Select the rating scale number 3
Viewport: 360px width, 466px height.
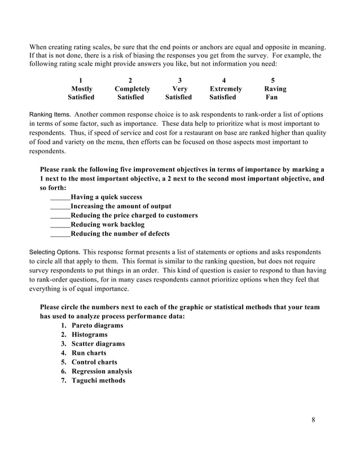[x=179, y=80]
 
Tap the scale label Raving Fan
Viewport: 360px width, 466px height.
[x=275, y=93]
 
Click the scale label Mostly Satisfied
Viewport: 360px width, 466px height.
[x=81, y=93]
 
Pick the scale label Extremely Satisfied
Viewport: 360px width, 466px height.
[x=226, y=93]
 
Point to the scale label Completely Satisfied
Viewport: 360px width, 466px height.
[x=132, y=93]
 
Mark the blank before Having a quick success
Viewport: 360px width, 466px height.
[x=60, y=197]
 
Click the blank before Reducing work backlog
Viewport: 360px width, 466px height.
[x=60, y=225]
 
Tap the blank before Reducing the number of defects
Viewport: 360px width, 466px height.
[x=60, y=234]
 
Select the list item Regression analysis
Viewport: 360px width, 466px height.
[x=102, y=371]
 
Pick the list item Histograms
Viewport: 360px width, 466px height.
[x=89, y=335]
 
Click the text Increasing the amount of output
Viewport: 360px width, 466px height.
[x=121, y=206]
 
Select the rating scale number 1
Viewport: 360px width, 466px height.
[x=81, y=80]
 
